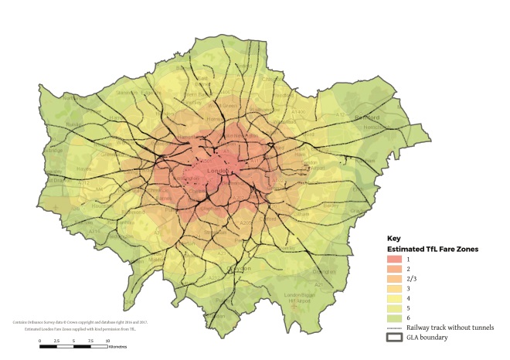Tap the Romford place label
click(x=369, y=118)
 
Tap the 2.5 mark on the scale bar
click(x=56, y=339)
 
